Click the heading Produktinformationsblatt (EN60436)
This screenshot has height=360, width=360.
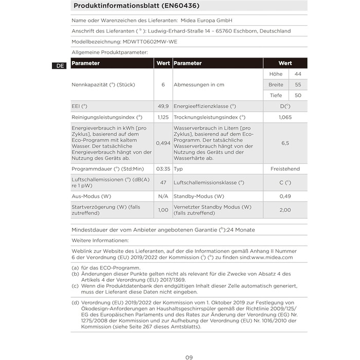[137, 6]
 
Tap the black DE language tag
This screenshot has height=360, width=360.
[60, 66]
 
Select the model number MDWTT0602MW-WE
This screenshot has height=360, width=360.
[150, 42]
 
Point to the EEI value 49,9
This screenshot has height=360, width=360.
[163, 106]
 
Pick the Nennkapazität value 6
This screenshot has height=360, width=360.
[163, 84]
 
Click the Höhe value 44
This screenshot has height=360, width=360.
[298, 74]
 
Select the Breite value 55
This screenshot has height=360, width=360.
[298, 84]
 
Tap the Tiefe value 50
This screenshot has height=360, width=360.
[298, 95]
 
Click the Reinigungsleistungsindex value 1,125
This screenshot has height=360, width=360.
[163, 117]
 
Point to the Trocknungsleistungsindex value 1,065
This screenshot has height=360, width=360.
[285, 117]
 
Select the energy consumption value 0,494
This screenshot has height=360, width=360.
[163, 143]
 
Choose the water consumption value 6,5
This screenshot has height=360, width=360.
[285, 143]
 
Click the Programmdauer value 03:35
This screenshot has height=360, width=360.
[163, 169]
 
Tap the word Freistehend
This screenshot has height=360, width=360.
[285, 169]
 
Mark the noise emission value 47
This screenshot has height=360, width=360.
[163, 183]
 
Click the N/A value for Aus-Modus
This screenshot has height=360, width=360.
[163, 196]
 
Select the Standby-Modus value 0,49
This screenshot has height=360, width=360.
[285, 196]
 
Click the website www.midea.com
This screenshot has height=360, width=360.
[272, 257]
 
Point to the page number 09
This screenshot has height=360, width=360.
[189, 357]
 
